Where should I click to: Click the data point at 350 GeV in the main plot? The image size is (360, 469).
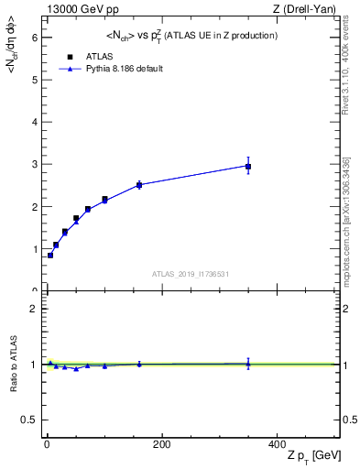click(x=248, y=166)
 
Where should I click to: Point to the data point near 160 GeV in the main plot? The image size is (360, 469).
click(x=139, y=185)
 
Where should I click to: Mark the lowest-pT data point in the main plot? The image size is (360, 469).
click(x=50, y=255)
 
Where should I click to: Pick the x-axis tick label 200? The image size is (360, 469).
click(x=161, y=444)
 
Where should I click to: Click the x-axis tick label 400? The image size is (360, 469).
click(x=277, y=444)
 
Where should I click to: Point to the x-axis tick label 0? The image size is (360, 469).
click(x=47, y=444)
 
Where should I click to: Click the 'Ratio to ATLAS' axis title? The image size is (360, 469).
click(x=13, y=364)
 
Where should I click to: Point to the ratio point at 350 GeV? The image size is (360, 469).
click(x=248, y=364)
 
